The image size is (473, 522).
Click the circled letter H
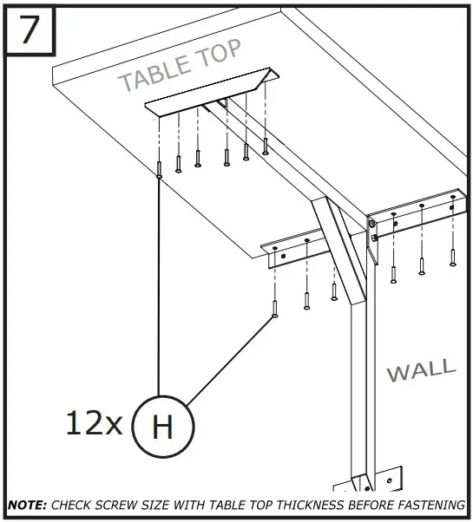point(162,427)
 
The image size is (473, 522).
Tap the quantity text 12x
point(94,423)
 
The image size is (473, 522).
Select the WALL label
point(420,370)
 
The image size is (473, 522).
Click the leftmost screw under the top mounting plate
point(159,168)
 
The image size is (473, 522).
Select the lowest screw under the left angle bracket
point(275,309)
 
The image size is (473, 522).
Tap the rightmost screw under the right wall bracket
point(452,257)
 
